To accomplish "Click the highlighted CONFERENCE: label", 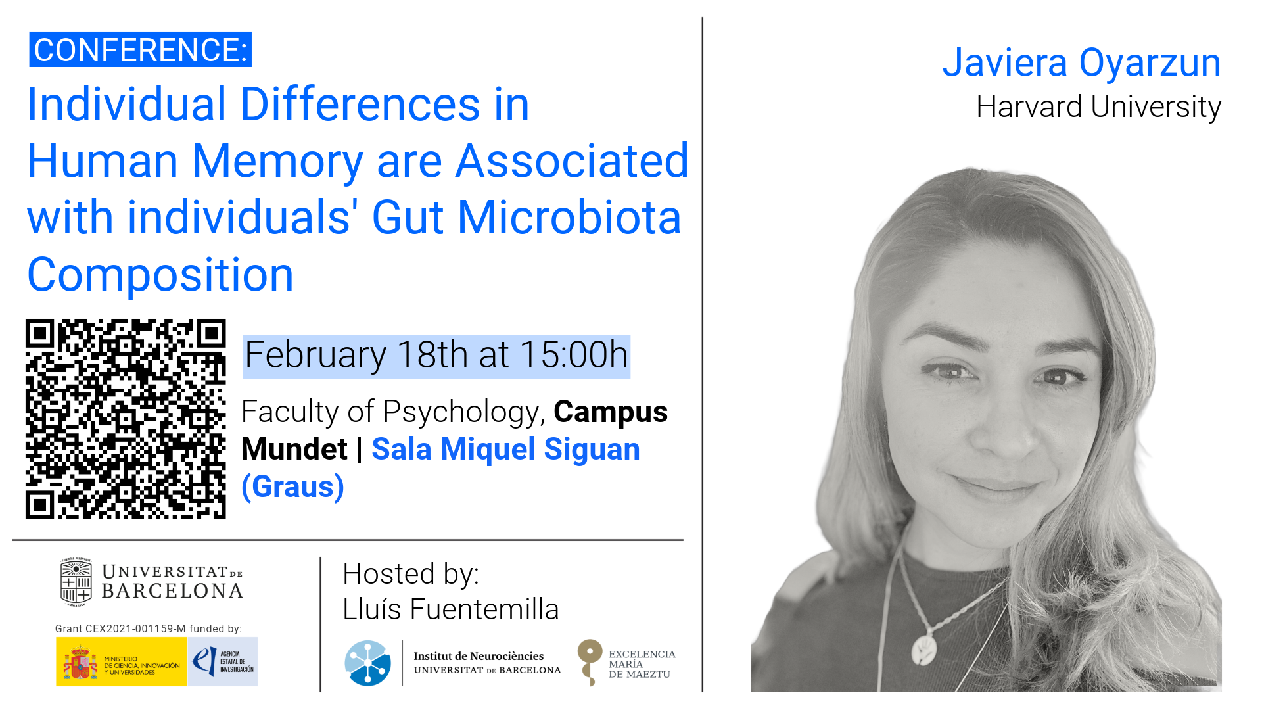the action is [140, 50].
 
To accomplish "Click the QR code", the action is [126, 419].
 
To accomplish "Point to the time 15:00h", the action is [574, 355].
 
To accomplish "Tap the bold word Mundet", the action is [294, 450].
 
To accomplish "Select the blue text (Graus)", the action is [293, 487].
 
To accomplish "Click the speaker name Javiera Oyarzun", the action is [1081, 63].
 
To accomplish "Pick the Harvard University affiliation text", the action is [1098, 107].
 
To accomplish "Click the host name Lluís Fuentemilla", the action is [450, 609].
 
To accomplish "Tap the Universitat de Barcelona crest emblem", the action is [76, 582].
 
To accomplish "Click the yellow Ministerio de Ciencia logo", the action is [122, 662].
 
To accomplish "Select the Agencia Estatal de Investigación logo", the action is [223, 662].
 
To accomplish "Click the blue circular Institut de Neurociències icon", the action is [368, 663].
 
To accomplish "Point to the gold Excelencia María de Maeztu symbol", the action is [590, 661].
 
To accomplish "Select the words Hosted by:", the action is [411, 574].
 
